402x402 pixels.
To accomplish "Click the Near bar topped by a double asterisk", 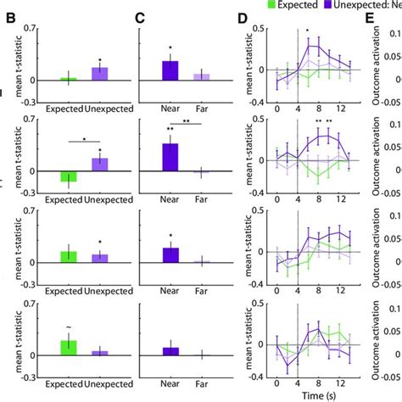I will (x=170, y=158).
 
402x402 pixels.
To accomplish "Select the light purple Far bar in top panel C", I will (x=201, y=77).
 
